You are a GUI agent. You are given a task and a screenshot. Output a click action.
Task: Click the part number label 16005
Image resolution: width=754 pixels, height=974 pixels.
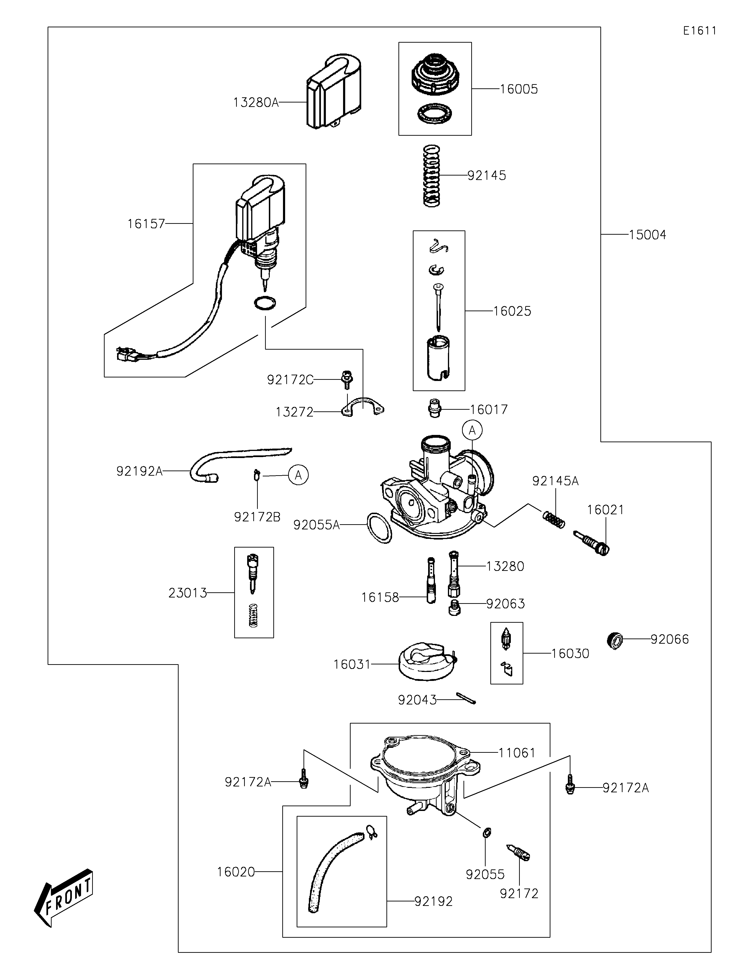[519, 89]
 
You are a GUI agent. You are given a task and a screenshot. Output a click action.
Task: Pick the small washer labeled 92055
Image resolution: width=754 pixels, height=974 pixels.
[487, 832]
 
